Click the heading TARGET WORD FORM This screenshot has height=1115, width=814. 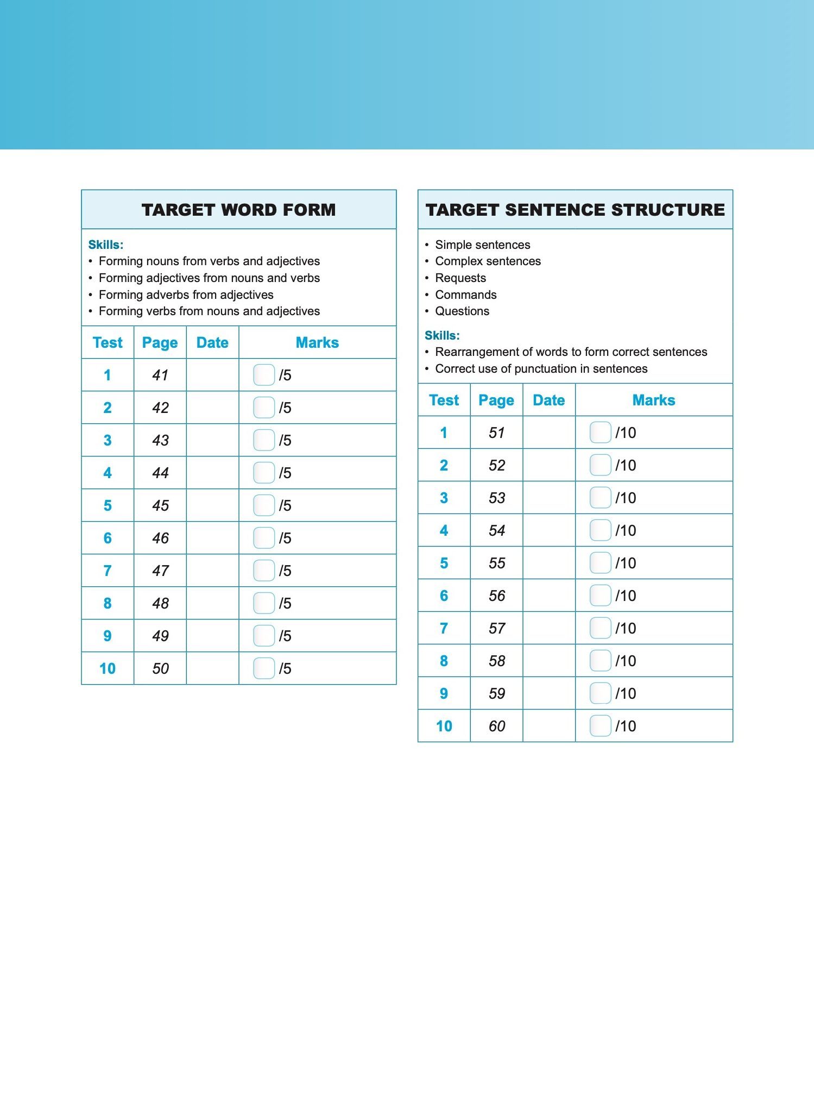238,210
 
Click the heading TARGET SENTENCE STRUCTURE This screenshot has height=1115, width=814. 575,210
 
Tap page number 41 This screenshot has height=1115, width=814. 160,375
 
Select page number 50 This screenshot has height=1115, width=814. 160,668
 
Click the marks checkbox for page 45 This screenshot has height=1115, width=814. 264,505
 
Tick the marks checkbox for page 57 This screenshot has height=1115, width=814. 600,628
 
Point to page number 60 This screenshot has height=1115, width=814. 497,726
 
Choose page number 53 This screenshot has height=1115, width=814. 497,498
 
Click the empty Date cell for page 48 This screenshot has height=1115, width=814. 212,603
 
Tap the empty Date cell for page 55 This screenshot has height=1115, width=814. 549,563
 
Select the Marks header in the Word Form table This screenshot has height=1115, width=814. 317,342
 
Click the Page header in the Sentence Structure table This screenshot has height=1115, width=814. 496,400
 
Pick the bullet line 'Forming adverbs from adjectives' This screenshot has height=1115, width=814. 186,295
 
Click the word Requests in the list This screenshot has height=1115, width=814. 460,278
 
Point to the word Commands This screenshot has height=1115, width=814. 466,295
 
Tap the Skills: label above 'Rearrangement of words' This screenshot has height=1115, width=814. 442,335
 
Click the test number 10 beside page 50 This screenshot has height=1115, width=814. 108,668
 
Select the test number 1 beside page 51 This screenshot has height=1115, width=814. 444,433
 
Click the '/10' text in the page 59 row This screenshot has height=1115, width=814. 626,693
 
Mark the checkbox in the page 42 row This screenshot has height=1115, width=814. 264,408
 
